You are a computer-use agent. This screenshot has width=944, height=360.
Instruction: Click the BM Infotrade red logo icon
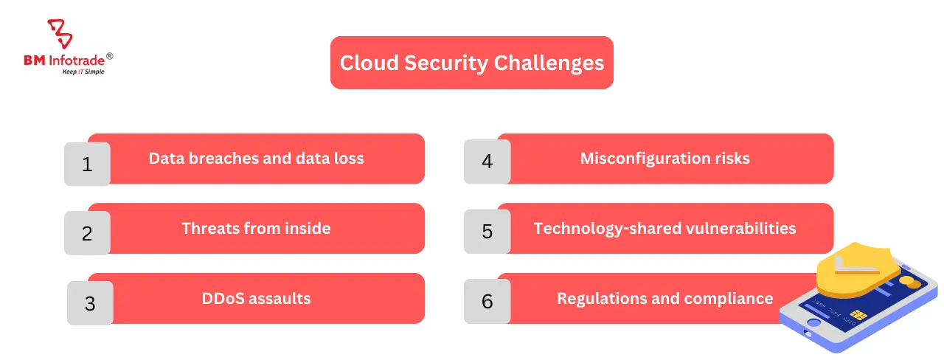(x=60, y=34)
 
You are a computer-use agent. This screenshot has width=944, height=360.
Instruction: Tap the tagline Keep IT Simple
(x=83, y=72)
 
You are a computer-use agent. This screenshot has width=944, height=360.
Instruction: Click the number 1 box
(x=87, y=163)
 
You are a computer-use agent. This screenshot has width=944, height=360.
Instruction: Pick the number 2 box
(x=87, y=233)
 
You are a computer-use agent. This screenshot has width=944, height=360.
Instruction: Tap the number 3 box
(x=89, y=303)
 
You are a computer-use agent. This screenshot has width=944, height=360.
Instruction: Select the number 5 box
(x=487, y=231)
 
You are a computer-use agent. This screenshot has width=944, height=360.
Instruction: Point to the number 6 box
(x=487, y=301)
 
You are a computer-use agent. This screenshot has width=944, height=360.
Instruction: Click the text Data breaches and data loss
(x=256, y=158)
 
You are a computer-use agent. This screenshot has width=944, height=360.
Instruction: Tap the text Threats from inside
(x=256, y=228)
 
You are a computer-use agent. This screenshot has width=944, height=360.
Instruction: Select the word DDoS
(x=223, y=298)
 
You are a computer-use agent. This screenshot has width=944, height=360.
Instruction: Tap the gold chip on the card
(x=858, y=316)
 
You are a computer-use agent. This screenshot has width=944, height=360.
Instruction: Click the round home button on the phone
(x=813, y=323)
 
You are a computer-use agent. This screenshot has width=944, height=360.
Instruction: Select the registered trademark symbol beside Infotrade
(x=109, y=56)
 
